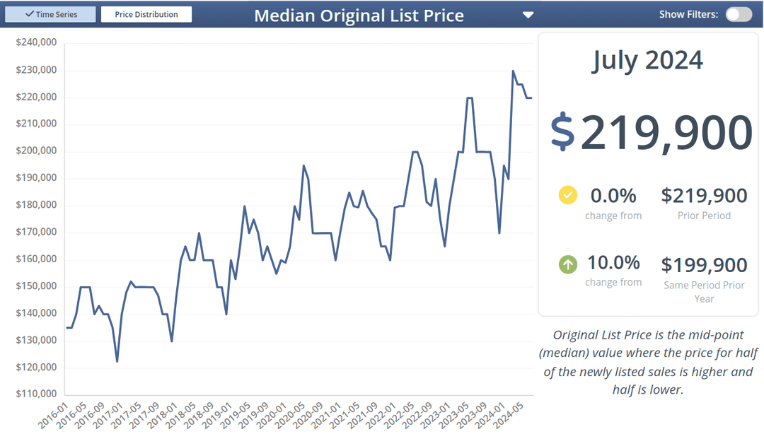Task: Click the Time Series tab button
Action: tap(51, 14)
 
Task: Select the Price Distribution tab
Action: tap(146, 14)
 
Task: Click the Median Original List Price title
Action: tap(359, 16)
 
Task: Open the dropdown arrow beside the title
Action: tap(528, 15)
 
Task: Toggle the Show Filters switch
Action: tap(739, 14)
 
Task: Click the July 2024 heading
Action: tap(647, 60)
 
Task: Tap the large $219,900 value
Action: tap(651, 132)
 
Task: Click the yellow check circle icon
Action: tap(567, 195)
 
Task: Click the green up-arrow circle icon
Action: tap(567, 264)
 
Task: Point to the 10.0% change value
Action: tap(613, 263)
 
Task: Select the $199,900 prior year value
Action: tap(704, 265)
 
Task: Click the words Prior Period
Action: tap(704, 216)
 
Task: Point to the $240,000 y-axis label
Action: tap(36, 43)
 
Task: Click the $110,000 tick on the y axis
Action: tap(36, 394)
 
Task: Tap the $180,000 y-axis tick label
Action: tap(36, 205)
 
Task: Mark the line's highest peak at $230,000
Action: tap(513, 71)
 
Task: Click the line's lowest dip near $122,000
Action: tap(117, 361)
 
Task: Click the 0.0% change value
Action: tap(613, 195)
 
